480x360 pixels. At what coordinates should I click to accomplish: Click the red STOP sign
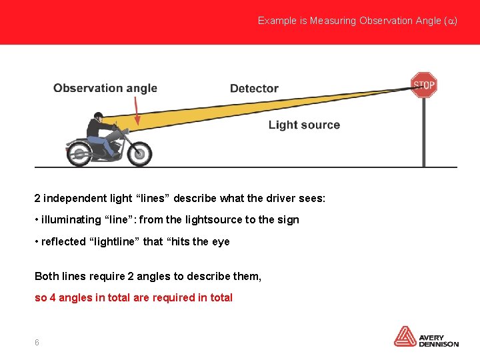423,85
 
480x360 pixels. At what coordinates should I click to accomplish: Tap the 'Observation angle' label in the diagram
105,88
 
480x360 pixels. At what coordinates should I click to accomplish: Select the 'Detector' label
254,88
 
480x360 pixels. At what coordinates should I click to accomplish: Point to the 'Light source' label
304,125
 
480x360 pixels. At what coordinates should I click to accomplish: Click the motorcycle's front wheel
139,153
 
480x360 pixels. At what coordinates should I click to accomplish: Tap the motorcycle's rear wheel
79,154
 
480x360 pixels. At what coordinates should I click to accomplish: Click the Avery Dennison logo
426,337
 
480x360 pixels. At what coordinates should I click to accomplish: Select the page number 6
37,342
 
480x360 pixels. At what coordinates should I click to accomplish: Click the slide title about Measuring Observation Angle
357,21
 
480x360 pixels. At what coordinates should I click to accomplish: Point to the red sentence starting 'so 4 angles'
133,297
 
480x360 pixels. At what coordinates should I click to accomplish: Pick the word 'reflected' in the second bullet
63,241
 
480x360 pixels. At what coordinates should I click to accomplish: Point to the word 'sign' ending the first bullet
288,219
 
